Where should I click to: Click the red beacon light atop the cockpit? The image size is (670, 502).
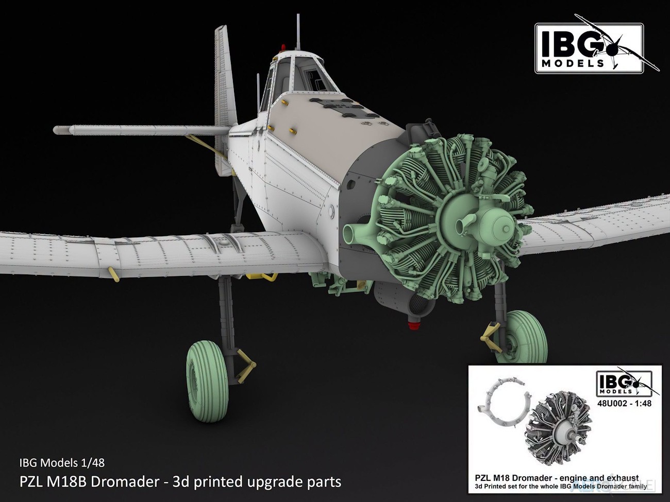(x=283, y=47)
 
